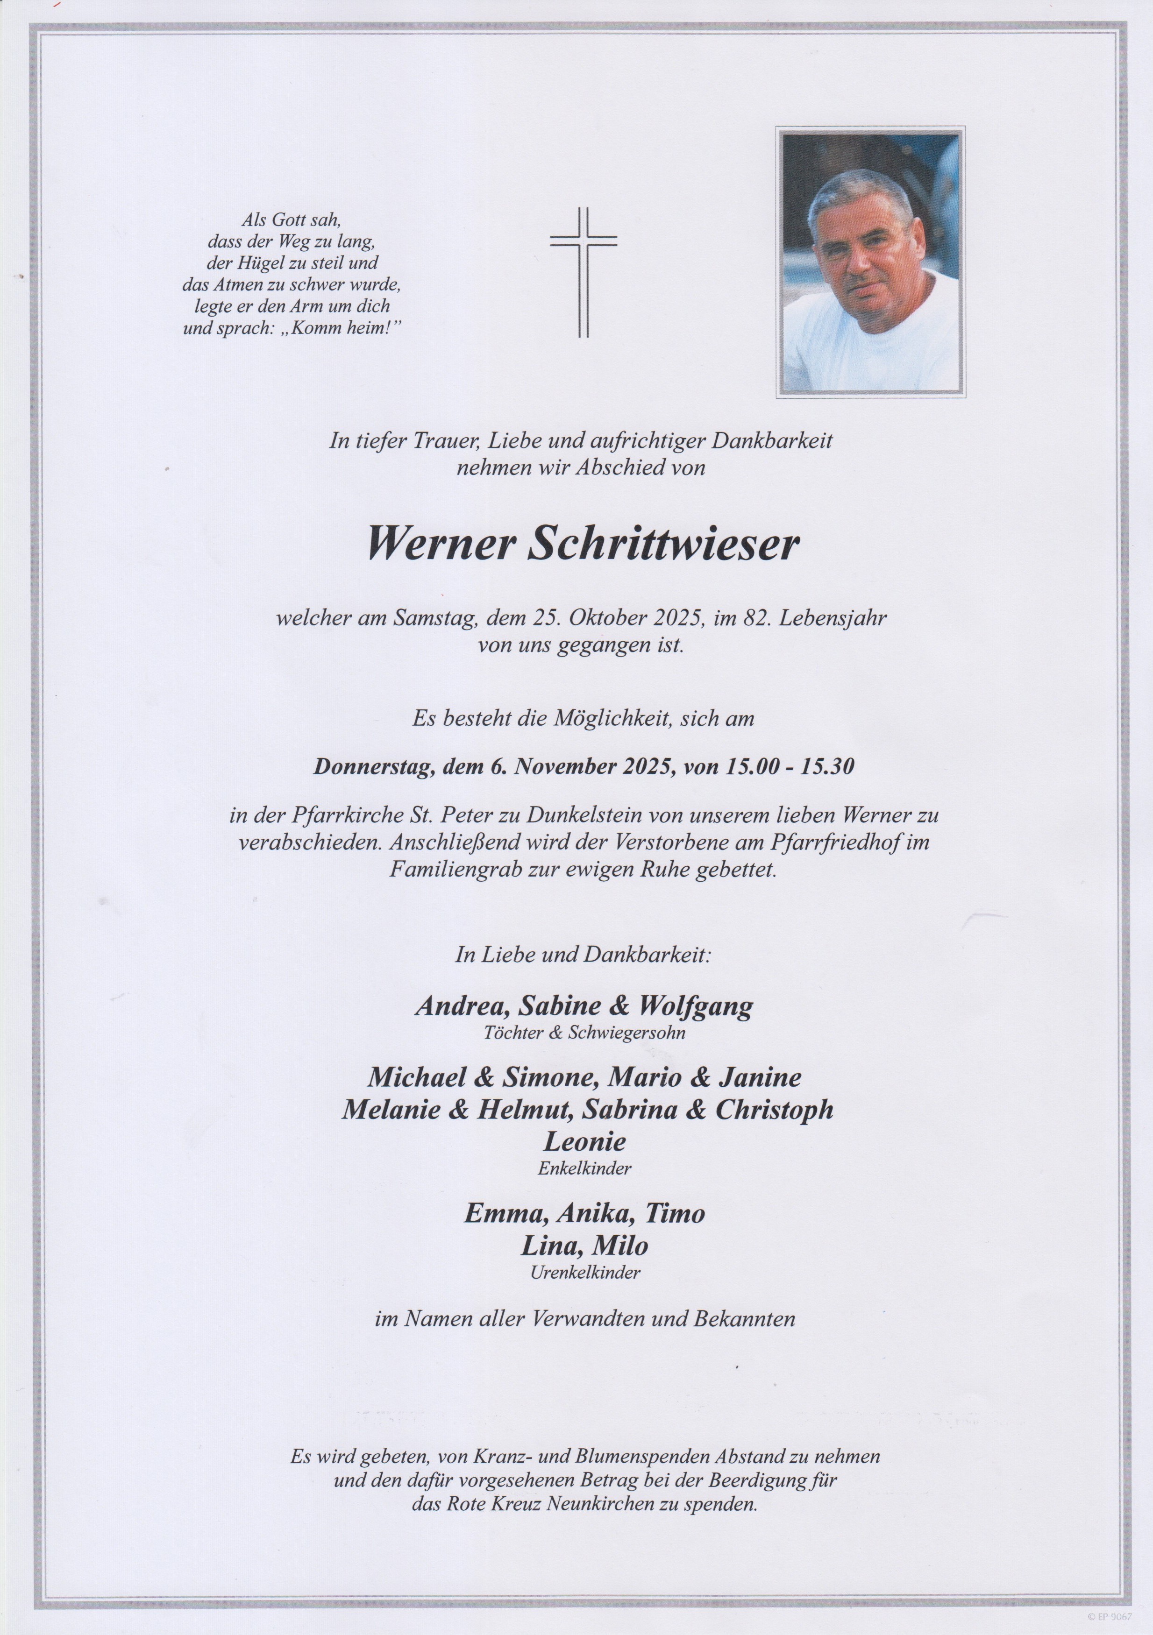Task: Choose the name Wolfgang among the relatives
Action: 696,1006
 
